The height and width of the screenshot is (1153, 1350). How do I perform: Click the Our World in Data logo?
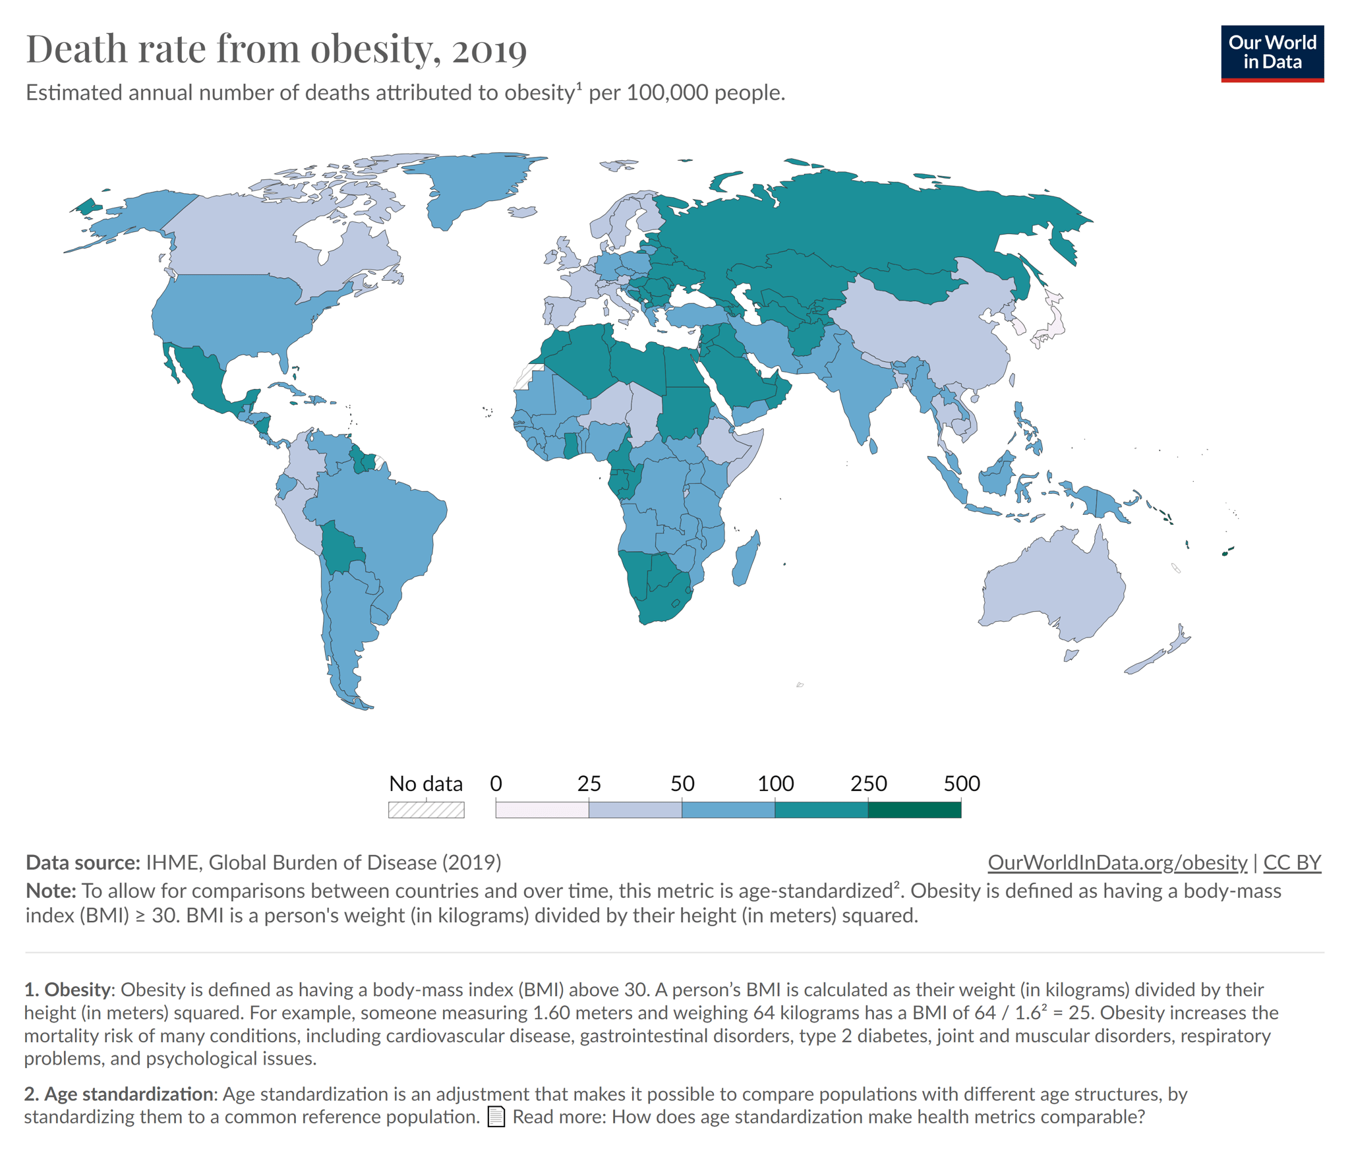point(1272,53)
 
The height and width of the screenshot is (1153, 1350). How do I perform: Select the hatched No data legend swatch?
point(426,810)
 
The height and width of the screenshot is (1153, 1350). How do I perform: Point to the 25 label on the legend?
point(589,783)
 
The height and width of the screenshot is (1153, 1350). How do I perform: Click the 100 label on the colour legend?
point(775,783)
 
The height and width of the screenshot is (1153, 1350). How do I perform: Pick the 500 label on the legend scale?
point(962,783)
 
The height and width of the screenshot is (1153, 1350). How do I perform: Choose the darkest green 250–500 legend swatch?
point(914,810)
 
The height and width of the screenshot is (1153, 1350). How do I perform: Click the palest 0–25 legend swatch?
point(542,810)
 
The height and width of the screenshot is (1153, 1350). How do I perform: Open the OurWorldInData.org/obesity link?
point(1117,862)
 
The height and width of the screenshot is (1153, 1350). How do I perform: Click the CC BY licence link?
point(1292,862)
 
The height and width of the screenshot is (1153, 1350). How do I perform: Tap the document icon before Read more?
point(496,1117)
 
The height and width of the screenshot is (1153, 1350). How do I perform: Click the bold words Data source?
point(82,862)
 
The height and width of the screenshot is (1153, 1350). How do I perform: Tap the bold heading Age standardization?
point(128,1094)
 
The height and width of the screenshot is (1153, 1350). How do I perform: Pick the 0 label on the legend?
point(496,783)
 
